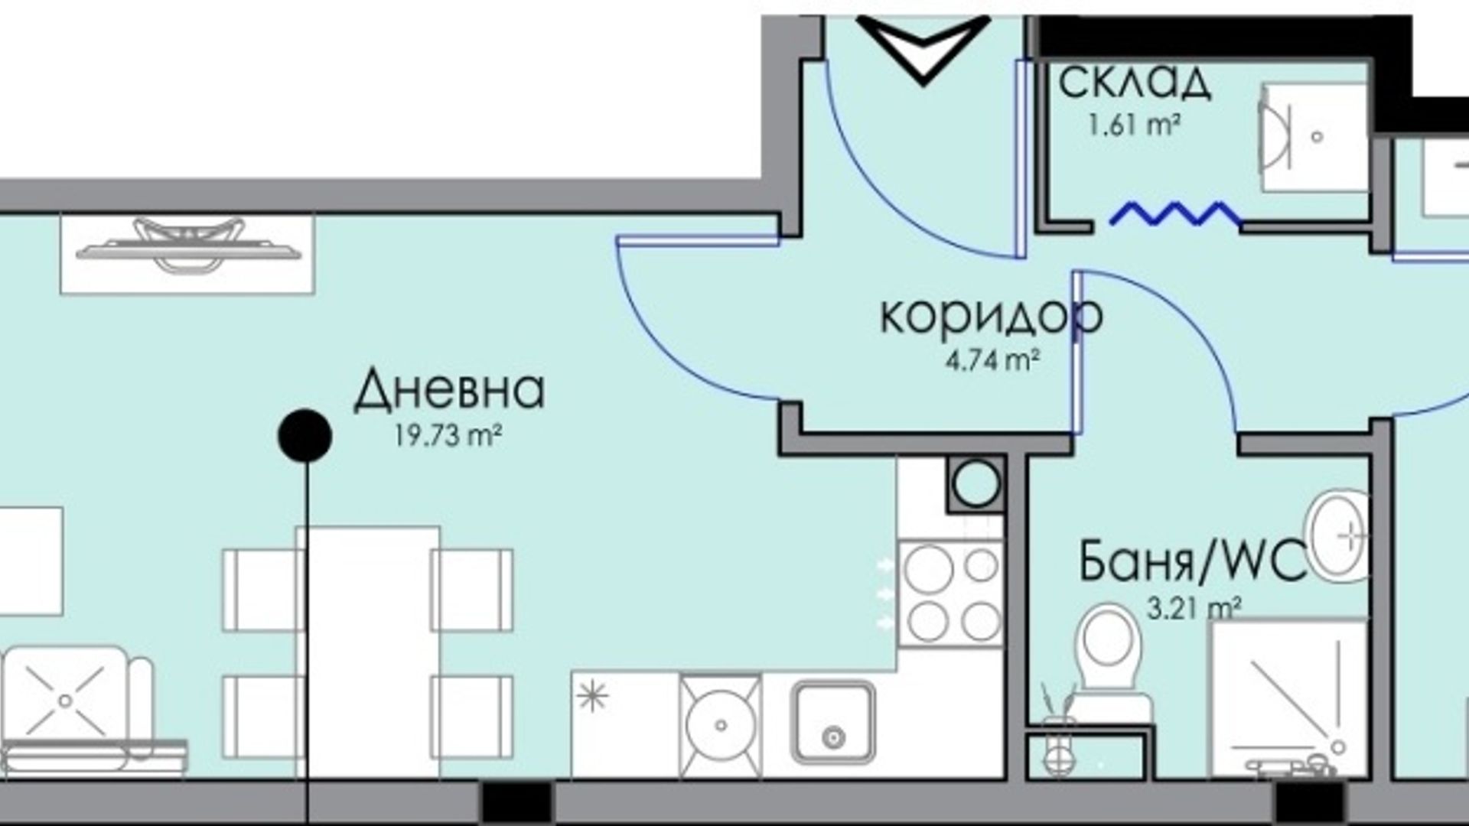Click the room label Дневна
(449, 390)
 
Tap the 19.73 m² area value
(448, 436)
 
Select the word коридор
(992, 317)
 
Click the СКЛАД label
(1135, 83)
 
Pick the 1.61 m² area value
(1133, 125)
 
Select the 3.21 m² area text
(1194, 608)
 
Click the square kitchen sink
(832, 723)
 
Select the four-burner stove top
(950, 593)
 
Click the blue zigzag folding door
(1175, 215)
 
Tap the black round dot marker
(305, 436)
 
